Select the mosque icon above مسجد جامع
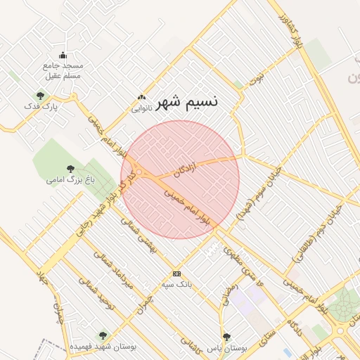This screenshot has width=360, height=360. pos(63,56)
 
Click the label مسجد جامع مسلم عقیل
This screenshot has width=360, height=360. pos(63,70)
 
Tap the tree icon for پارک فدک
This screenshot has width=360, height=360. pos(39,96)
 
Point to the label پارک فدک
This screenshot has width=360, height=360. pos(40,107)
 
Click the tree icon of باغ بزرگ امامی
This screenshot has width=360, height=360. pos(70,168)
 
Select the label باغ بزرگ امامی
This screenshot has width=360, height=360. pos(70,180)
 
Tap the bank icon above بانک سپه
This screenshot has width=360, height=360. pos(176,274)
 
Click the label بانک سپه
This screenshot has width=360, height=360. pos(176,285)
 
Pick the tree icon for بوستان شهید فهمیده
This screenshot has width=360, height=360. pos(103,335)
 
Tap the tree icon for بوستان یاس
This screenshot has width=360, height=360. pos(226,337)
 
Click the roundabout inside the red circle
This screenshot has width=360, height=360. pos(139,172)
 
